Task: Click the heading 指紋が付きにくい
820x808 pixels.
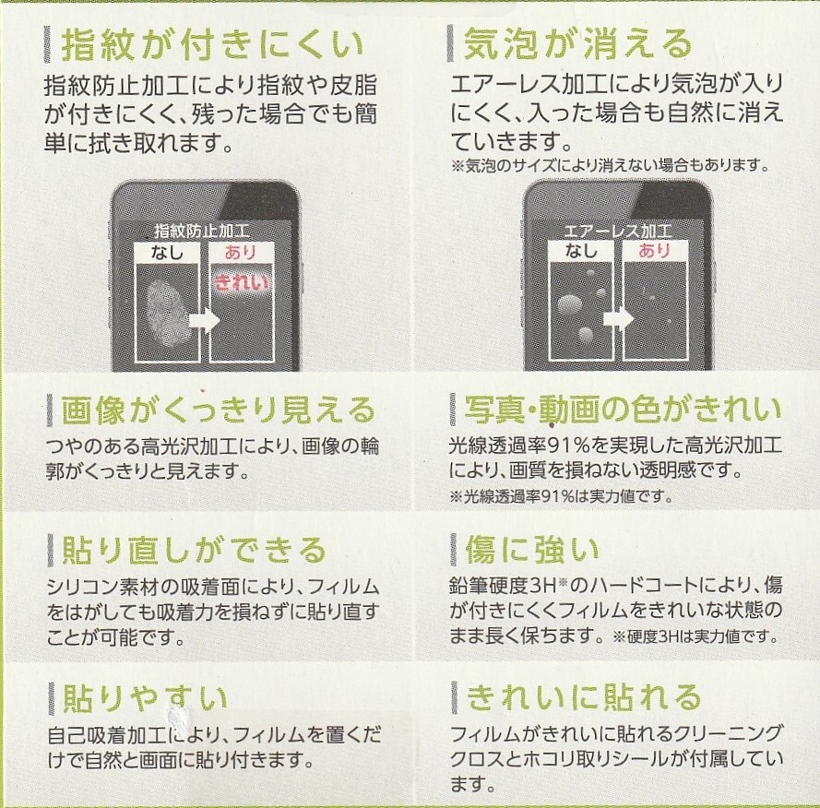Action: click(211, 43)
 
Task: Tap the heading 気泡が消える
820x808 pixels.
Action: click(577, 43)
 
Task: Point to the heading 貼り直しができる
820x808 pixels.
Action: click(194, 551)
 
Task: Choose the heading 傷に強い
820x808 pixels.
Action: click(533, 551)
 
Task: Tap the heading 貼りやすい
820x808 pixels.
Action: click(145, 696)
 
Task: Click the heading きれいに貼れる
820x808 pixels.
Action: click(585, 696)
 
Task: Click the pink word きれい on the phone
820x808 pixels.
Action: click(242, 283)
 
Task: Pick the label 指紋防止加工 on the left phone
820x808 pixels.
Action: click(201, 231)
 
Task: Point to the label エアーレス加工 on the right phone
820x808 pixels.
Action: click(618, 231)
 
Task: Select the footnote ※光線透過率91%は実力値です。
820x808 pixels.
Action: click(560, 496)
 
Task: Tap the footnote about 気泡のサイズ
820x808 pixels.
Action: click(609, 166)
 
